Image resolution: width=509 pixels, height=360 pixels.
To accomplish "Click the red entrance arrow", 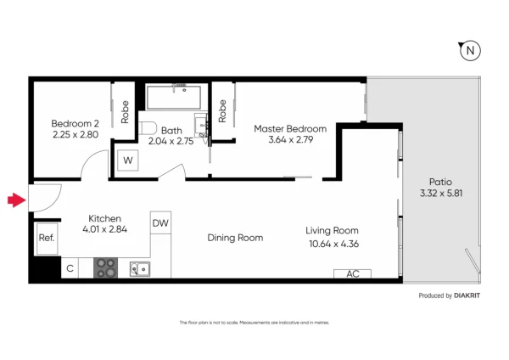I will [14, 200].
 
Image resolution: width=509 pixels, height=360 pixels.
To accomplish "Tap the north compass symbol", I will [469, 52].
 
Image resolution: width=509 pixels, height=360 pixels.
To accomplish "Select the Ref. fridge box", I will [47, 238].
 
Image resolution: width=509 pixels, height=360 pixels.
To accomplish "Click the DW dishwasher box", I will [159, 223].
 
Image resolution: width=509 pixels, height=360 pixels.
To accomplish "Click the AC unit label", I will [353, 274].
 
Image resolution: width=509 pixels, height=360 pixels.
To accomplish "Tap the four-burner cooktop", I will [105, 268].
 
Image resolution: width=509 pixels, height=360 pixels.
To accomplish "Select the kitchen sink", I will [140, 269].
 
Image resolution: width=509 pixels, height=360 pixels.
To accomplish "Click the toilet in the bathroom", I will [149, 128].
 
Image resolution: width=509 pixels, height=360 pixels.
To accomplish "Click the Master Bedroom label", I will [284, 129].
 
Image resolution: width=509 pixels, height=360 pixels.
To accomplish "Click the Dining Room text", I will [235, 238].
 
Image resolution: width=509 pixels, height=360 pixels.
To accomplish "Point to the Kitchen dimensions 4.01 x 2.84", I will [104, 229].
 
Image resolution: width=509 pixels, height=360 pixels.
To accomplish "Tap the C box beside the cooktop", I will [70, 269].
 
